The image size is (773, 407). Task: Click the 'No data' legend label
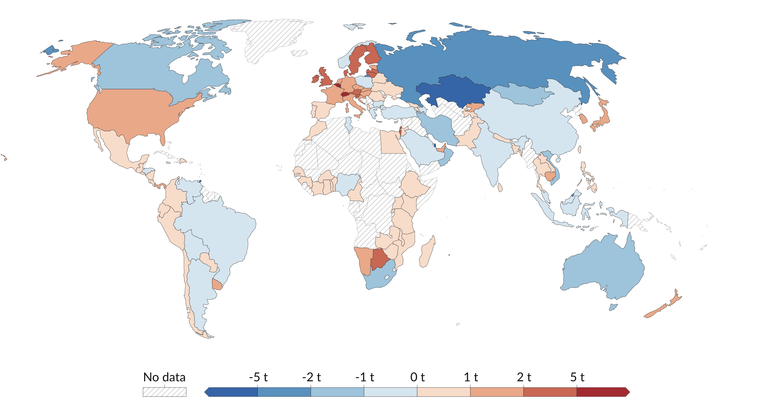coord(164,377)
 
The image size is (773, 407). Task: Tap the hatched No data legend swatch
coord(164,392)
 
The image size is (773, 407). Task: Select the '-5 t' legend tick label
coord(258,377)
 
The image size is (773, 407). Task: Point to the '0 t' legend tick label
coord(417,377)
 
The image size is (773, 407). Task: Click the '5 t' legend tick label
coord(577,377)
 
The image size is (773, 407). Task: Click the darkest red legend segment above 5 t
coord(602,392)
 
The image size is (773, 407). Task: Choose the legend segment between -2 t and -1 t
coord(337,392)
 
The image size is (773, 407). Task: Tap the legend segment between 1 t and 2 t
coord(497,392)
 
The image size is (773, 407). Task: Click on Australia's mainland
coord(603,267)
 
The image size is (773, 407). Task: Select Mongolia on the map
coord(522,95)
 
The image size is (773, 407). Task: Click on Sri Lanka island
coord(500,187)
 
